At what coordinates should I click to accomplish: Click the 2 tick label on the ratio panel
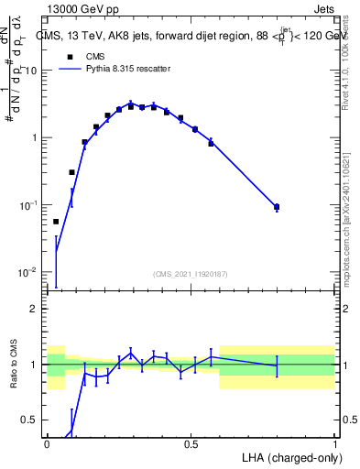(36, 309)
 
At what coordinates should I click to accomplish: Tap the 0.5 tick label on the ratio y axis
(31, 420)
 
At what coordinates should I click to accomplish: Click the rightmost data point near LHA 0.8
(277, 207)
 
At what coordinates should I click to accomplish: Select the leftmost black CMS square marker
(56, 222)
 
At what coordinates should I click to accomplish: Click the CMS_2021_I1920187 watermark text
(191, 273)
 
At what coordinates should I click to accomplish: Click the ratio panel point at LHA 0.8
(277, 365)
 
